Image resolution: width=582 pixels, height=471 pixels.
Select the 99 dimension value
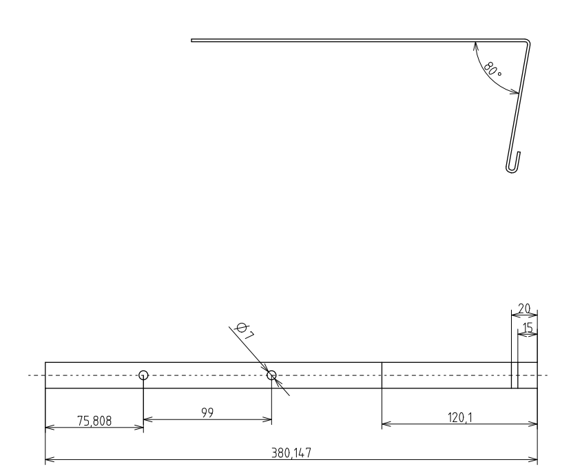click(207, 412)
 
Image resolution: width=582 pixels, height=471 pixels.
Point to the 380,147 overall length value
click(290, 452)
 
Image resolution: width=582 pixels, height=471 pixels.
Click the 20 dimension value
click(525, 308)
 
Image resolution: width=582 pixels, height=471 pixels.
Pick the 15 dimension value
click(529, 328)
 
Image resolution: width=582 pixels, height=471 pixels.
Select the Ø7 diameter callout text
click(244, 331)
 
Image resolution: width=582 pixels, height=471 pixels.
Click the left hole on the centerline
click(143, 375)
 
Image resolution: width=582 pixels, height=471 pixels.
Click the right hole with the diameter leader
click(271, 375)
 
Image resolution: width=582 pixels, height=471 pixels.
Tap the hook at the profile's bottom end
click(511, 165)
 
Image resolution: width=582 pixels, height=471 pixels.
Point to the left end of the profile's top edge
click(192, 41)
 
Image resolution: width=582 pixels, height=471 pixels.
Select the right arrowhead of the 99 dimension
click(269, 419)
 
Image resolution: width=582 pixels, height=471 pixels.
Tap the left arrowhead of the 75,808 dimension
click(48, 428)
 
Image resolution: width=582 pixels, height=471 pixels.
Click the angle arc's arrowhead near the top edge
click(475, 45)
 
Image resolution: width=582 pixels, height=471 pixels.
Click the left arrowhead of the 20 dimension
click(514, 316)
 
